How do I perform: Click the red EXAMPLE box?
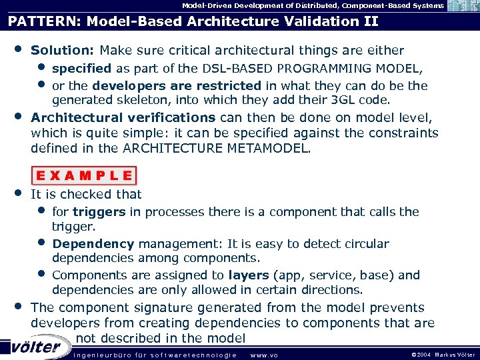[x=85, y=176]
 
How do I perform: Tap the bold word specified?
[x=81, y=69]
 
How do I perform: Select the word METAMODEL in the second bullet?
[x=274, y=148]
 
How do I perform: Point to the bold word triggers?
[x=99, y=212]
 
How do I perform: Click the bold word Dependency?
[x=93, y=244]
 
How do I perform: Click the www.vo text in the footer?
[x=263, y=355]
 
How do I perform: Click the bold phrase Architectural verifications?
[x=123, y=117]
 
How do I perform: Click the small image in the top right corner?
[x=462, y=6]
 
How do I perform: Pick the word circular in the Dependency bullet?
[x=366, y=244]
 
